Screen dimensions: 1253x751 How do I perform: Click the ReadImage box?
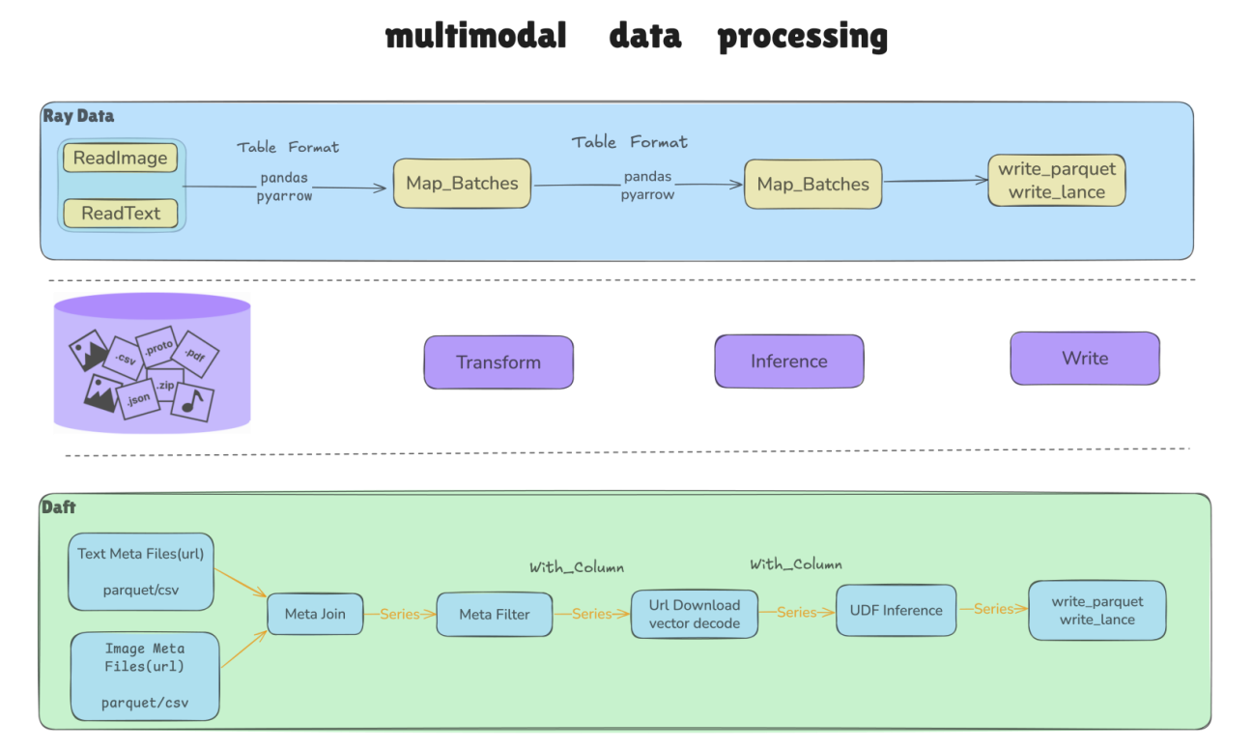(120, 158)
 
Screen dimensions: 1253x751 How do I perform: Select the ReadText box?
(121, 214)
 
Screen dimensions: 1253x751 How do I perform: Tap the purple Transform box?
(498, 362)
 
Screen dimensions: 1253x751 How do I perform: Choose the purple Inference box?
(788, 361)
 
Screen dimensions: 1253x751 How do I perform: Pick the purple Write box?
(1085, 359)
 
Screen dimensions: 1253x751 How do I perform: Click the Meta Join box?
(315, 614)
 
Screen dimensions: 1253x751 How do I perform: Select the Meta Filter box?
(495, 615)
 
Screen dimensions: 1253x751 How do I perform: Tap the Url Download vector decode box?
(695, 614)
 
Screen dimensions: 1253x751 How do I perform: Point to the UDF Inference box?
(897, 611)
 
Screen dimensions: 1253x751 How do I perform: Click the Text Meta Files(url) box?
(141, 571)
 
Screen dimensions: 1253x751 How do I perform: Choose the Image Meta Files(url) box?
(145, 676)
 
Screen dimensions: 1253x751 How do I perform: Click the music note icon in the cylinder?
(192, 402)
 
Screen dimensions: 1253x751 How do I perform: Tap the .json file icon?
(137, 399)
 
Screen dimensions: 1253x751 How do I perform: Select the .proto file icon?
(157, 348)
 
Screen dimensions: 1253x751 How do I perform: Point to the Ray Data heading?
(78, 116)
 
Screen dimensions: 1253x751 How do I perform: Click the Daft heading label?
(58, 507)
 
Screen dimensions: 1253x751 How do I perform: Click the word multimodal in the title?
(476, 36)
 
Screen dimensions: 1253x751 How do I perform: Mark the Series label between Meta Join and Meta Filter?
(399, 614)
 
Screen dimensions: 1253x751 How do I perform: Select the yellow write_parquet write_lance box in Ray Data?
(1057, 180)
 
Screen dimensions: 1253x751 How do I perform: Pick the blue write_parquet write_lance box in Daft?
(1096, 611)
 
